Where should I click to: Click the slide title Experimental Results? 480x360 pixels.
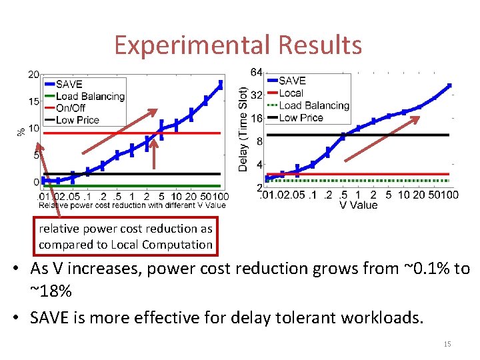click(238, 45)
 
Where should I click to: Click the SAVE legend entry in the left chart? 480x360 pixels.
click(69, 84)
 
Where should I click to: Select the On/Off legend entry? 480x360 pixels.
click(71, 108)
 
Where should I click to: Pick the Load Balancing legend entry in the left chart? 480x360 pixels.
click(90, 96)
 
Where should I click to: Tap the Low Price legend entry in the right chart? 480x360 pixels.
click(301, 117)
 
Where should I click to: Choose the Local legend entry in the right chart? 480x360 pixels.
click(291, 93)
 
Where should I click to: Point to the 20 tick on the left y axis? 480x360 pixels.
click(33, 75)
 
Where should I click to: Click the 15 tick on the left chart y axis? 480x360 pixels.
click(33, 101)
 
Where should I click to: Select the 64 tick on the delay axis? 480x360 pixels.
click(256, 71)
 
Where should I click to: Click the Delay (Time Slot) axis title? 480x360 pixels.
click(243, 128)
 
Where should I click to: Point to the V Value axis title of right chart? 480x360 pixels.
click(358, 205)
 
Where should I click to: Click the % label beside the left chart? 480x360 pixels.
click(21, 131)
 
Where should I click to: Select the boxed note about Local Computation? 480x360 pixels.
click(125, 237)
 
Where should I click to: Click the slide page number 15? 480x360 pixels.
click(447, 344)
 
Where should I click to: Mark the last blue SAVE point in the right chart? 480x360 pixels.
click(449, 85)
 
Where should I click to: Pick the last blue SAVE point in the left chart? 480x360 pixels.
click(221, 84)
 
